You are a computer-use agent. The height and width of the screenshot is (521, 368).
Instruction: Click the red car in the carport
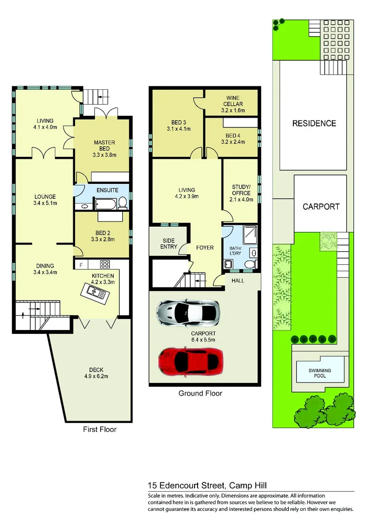(x=191, y=360)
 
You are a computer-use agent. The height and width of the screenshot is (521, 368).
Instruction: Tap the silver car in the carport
(x=188, y=314)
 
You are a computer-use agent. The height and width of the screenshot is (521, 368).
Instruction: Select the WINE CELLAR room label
(x=232, y=104)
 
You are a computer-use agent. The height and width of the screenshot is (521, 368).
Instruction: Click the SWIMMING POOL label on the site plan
(x=320, y=372)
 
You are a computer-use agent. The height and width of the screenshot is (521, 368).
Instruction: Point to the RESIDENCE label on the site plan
(x=314, y=123)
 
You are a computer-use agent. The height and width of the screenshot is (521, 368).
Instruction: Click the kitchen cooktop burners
(x=105, y=264)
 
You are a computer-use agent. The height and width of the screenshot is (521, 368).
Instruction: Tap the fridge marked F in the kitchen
(x=81, y=264)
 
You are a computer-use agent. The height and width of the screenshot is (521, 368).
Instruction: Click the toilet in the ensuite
(x=123, y=204)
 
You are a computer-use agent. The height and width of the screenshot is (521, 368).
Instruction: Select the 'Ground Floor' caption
(x=200, y=393)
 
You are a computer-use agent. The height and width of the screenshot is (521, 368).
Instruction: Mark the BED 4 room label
(x=235, y=138)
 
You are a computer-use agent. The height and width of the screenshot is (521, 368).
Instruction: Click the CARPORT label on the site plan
(x=321, y=206)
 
